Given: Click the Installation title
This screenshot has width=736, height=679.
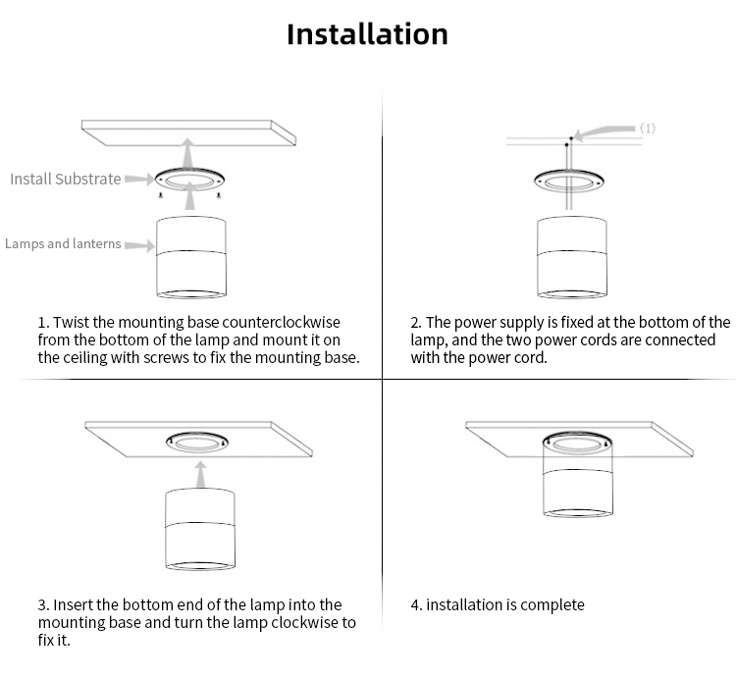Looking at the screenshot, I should click(x=367, y=34).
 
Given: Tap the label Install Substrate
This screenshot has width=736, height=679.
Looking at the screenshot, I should click(x=66, y=179).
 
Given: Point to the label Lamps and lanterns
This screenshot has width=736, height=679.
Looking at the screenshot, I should click(x=63, y=243).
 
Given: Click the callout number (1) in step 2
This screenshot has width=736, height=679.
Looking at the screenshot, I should click(x=648, y=128).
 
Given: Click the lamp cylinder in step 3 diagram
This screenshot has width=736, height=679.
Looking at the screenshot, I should click(x=199, y=530).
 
